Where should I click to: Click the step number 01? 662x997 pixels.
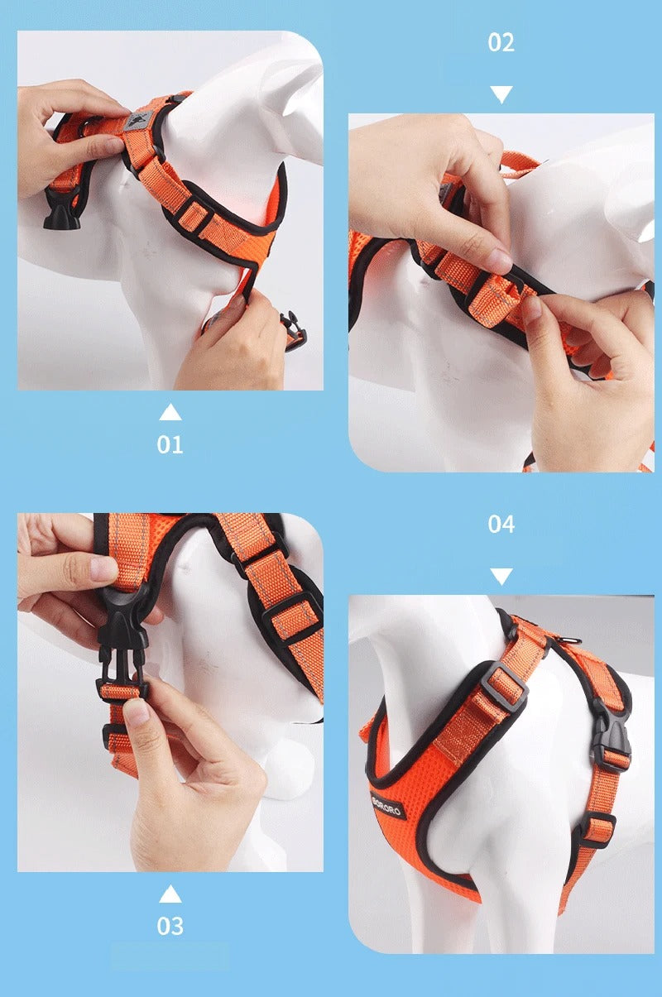point(170,444)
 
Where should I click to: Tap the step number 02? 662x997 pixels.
point(501,42)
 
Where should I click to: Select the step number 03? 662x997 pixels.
point(170,925)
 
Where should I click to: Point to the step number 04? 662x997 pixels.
point(501,524)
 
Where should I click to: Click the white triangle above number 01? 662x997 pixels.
point(170,412)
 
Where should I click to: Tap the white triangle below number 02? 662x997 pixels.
point(501,93)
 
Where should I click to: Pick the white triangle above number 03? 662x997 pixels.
point(170,894)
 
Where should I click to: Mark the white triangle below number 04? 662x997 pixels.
point(501,576)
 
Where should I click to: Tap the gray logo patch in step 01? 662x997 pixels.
point(132,123)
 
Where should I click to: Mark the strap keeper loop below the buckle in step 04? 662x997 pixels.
point(597,827)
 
